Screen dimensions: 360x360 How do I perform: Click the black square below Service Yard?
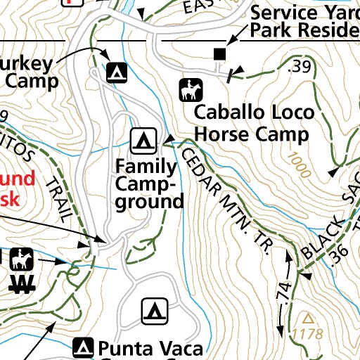[220, 53]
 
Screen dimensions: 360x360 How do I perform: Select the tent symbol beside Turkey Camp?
[116, 71]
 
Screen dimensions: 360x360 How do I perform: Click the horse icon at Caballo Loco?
[189, 89]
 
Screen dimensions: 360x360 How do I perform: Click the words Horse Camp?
[252, 134]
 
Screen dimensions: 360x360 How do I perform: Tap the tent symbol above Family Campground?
[143, 140]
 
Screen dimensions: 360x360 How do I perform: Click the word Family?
[146, 167]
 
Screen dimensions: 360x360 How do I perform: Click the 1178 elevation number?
[308, 333]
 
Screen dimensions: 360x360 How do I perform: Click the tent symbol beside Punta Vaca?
[84, 347]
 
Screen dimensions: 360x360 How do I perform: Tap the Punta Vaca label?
[150, 348]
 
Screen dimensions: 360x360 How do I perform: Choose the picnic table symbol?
[23, 284]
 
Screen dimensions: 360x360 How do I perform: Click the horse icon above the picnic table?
[21, 259]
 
